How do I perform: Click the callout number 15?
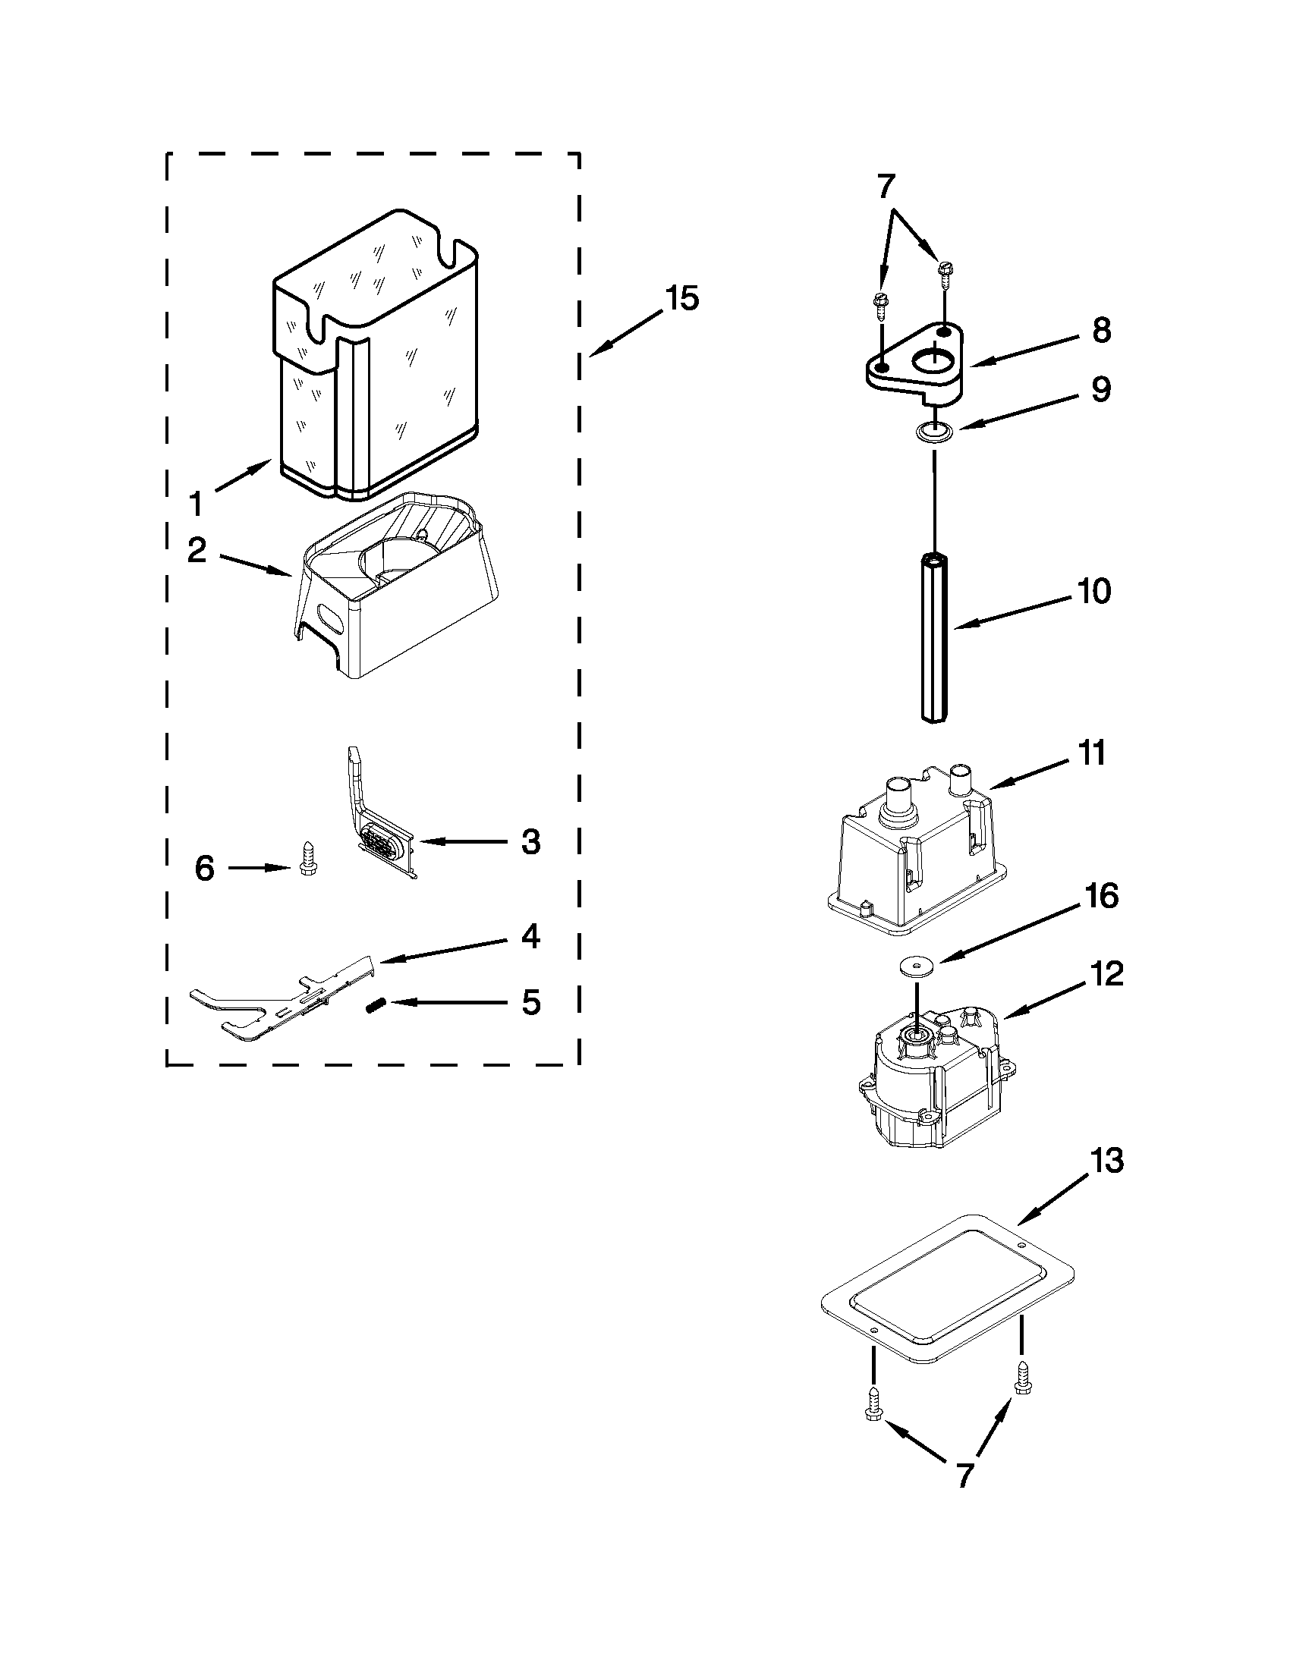pos(681,298)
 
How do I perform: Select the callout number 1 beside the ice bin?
pos(196,504)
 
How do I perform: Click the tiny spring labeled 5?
pos(374,1007)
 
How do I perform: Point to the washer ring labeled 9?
pos(933,432)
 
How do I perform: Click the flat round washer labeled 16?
pos(910,966)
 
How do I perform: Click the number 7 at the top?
pos(886,186)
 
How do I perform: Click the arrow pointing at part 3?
pos(462,841)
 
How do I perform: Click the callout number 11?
pos(1091,753)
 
